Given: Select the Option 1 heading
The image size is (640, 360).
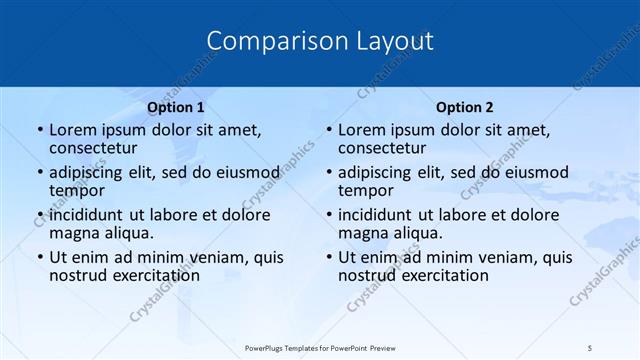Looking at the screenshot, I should (176, 107).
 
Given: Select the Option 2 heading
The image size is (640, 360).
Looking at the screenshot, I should (465, 107).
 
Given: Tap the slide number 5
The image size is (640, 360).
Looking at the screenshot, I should (590, 346).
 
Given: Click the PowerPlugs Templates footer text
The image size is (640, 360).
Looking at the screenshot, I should (319, 346).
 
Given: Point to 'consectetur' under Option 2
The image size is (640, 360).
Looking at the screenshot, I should (382, 148).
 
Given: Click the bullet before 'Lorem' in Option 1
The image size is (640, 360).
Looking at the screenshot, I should (39, 130).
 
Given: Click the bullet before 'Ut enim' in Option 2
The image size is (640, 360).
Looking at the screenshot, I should (328, 258).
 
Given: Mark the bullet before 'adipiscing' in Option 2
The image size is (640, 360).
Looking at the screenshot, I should (328, 173).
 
